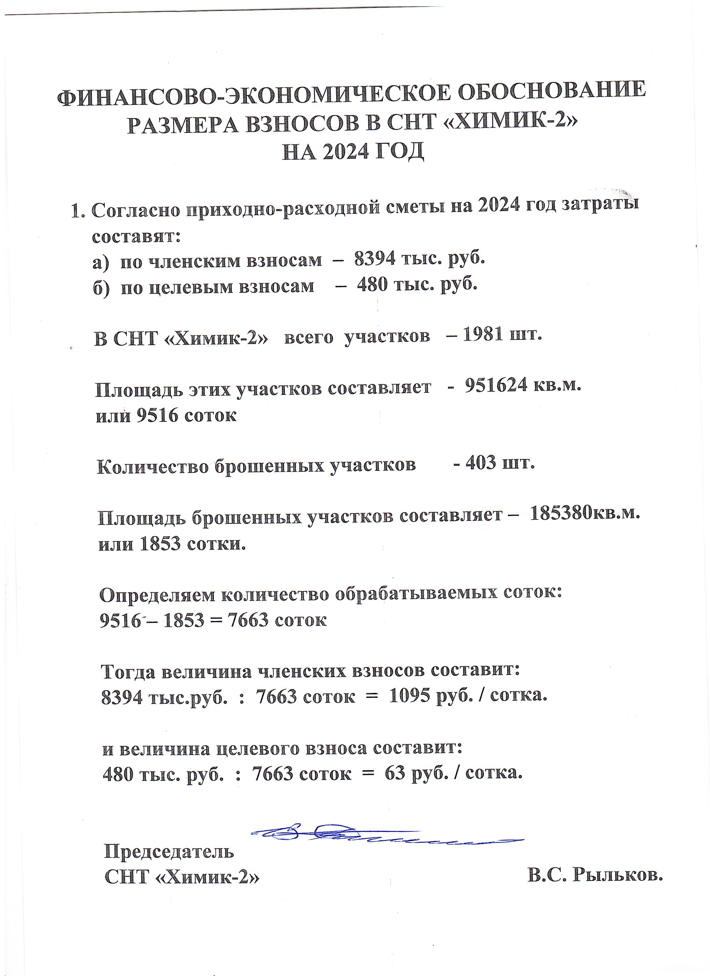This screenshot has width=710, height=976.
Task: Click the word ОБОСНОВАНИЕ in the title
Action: (552, 91)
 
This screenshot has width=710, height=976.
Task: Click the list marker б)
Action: (102, 287)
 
